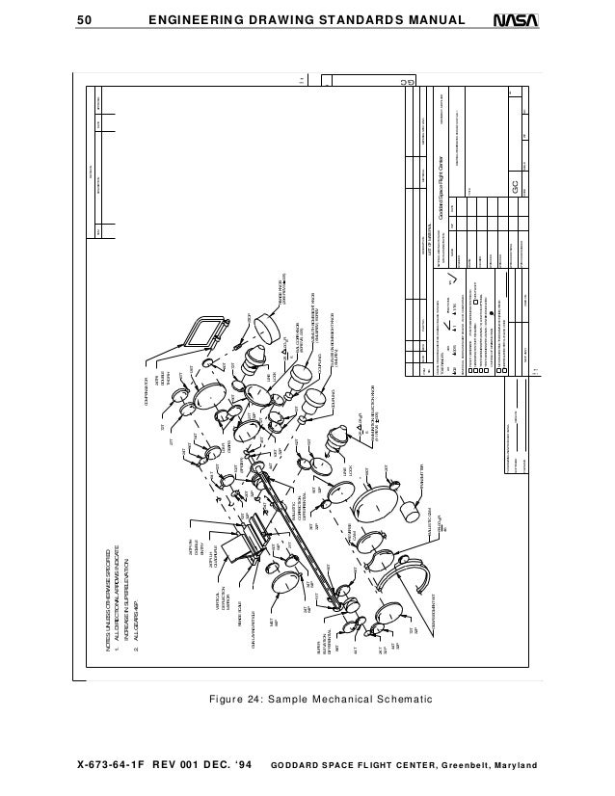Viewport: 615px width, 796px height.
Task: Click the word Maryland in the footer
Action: click(x=515, y=766)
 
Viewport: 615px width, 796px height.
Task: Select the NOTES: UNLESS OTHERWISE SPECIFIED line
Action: click(x=94, y=597)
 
